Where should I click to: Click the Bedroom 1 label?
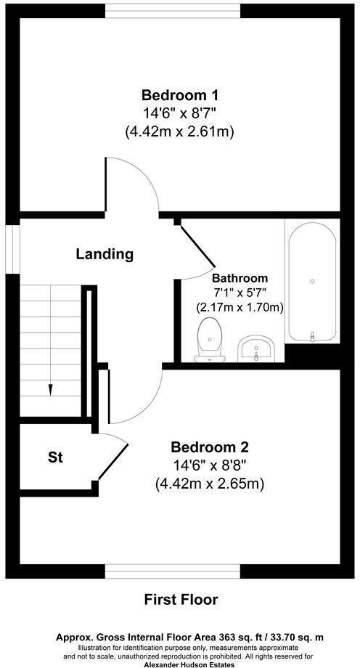pyautogui.click(x=181, y=93)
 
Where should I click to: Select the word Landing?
pyautogui.click(x=105, y=255)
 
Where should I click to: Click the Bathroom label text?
pyautogui.click(x=240, y=278)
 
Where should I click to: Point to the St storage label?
pyautogui.click(x=55, y=458)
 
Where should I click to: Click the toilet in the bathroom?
pyautogui.click(x=210, y=340)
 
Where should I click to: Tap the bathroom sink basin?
pyautogui.click(x=257, y=348)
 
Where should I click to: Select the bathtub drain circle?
pyautogui.click(x=313, y=281)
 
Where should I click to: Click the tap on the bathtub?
pyautogui.click(x=313, y=337)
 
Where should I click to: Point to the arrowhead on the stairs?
pyautogui.click(x=51, y=390)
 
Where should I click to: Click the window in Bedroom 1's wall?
pyautogui.click(x=173, y=11)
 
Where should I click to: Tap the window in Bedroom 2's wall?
pyautogui.click(x=173, y=571)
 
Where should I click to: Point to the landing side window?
pyautogui.click(x=13, y=249)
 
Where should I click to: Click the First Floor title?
pyautogui.click(x=181, y=600)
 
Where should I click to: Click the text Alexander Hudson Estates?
pyautogui.click(x=189, y=664)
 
